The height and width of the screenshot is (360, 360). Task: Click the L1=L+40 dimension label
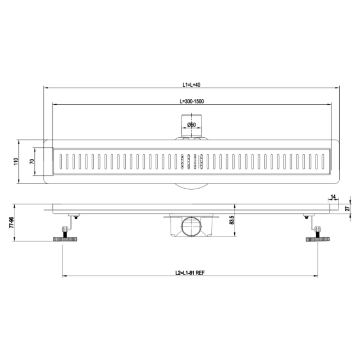pyautogui.click(x=191, y=85)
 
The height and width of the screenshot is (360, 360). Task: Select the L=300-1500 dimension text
pyautogui.click(x=192, y=101)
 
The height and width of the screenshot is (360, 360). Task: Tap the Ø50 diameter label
pyautogui.click(x=191, y=125)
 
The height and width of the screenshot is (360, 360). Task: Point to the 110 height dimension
pyautogui.click(x=16, y=161)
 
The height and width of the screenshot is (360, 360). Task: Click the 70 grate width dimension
pyautogui.click(x=32, y=161)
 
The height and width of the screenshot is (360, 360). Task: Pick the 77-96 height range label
pyautogui.click(x=11, y=222)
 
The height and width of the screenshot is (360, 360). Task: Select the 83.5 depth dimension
pyautogui.click(x=232, y=220)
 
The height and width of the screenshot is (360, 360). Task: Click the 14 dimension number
pyautogui.click(x=333, y=197)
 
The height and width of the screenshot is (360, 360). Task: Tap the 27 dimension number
pyautogui.click(x=348, y=209)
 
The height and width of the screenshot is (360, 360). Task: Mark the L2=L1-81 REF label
pyautogui.click(x=190, y=273)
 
